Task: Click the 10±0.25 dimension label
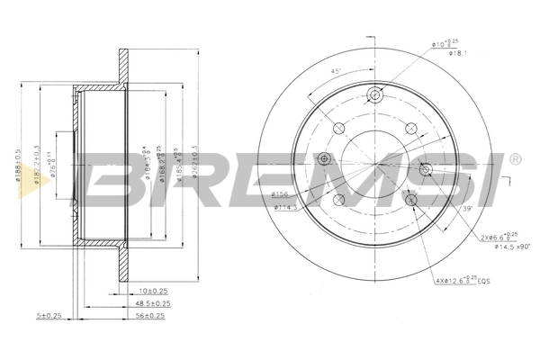click(x=154, y=291)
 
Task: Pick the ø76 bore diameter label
click(x=54, y=166)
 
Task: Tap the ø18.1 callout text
click(x=456, y=53)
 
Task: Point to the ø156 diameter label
click(x=280, y=193)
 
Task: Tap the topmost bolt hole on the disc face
click(x=376, y=94)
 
